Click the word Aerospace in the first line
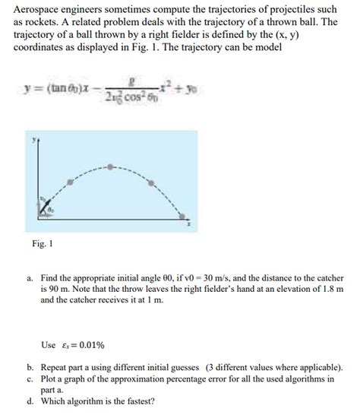(x=39, y=8)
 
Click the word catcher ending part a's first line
(x=327, y=277)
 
